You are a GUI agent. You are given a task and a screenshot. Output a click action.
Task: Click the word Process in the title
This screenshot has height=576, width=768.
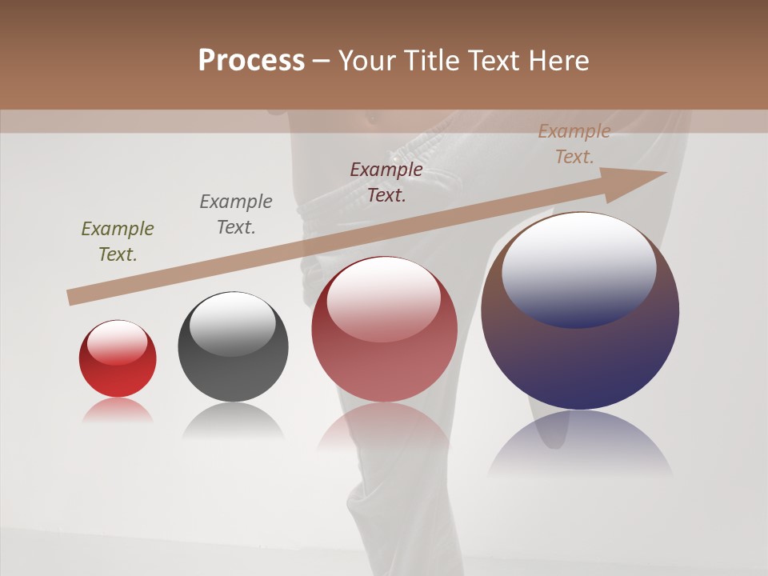(x=251, y=61)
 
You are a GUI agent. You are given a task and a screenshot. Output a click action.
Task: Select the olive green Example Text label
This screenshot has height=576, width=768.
(x=118, y=242)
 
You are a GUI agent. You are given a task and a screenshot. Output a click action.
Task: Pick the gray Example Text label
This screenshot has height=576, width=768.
(x=236, y=214)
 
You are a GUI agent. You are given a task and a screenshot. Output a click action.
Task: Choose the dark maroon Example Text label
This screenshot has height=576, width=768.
(x=386, y=182)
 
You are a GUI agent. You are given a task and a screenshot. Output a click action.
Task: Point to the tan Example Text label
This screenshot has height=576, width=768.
(x=574, y=144)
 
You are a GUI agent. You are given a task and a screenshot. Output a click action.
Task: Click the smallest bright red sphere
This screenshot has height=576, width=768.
(x=118, y=368)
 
